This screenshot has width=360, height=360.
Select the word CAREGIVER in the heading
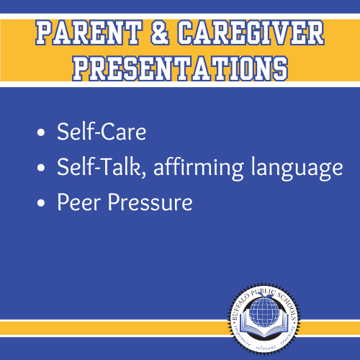click(x=248, y=32)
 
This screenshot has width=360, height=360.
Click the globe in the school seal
click(x=267, y=305)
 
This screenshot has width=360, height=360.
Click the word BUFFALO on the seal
click(x=243, y=297)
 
